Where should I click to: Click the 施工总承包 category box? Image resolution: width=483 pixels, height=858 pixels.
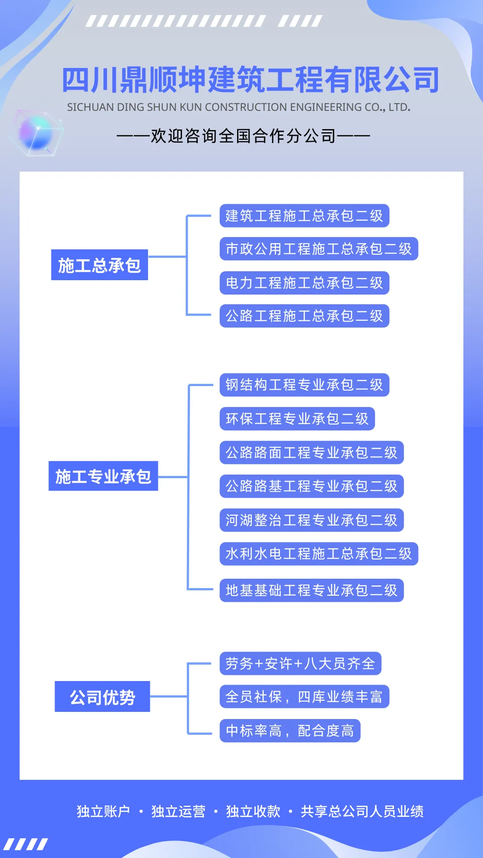99,265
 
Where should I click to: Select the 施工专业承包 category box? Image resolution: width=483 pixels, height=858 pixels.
103,476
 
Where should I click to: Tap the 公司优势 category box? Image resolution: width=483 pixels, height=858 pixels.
102,697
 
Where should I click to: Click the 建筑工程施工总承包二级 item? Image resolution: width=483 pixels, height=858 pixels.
304,216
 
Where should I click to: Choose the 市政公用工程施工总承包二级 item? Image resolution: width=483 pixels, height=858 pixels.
318,249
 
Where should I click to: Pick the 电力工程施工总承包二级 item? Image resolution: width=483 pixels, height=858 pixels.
304,283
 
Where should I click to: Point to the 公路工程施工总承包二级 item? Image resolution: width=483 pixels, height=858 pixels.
304,316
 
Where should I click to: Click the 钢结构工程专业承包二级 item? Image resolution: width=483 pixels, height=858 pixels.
304,385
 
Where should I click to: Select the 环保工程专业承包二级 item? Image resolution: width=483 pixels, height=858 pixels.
297,419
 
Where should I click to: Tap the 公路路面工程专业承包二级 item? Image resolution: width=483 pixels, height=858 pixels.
311,453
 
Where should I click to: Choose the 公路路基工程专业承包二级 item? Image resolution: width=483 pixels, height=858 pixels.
311,486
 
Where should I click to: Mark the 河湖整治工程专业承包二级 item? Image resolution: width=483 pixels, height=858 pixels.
311,520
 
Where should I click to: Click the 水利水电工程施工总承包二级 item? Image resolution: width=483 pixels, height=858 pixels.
318,554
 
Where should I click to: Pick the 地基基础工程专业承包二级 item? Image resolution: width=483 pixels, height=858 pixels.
311,590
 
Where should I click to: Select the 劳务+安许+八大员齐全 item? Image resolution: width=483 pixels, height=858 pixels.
300,664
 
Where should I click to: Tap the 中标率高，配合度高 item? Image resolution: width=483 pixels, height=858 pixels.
290,731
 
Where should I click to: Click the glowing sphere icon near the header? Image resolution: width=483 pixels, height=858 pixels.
37,133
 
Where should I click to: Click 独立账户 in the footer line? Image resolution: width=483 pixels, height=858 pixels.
103,811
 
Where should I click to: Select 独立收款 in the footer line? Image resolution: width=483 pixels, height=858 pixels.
253,811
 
